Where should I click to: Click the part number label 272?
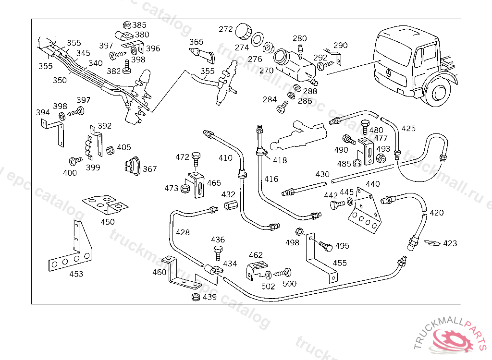[226, 29]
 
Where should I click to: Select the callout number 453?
[76, 274]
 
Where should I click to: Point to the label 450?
[108, 222]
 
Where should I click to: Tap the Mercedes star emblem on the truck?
[388, 73]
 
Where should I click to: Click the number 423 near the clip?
[450, 243]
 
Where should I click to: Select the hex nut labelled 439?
[196, 297]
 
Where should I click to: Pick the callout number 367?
[150, 169]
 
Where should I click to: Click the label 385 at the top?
[140, 25]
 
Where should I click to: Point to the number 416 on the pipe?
[271, 179]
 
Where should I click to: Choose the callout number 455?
[340, 263]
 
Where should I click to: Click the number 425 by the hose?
[408, 129]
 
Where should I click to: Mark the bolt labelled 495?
[327, 247]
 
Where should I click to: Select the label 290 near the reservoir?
[340, 46]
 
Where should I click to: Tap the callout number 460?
[160, 272]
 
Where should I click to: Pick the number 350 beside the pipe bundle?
[60, 80]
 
